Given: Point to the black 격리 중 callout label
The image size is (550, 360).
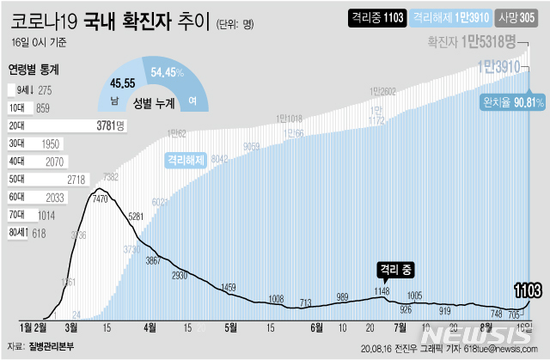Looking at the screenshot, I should pyautogui.click(x=394, y=269).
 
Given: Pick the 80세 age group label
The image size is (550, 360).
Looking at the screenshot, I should pyautogui.click(x=17, y=232).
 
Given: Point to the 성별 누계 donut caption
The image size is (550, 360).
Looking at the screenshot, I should pyautogui.click(x=149, y=102).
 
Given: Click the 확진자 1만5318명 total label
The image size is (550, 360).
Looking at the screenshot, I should pyautogui.click(x=475, y=41).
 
